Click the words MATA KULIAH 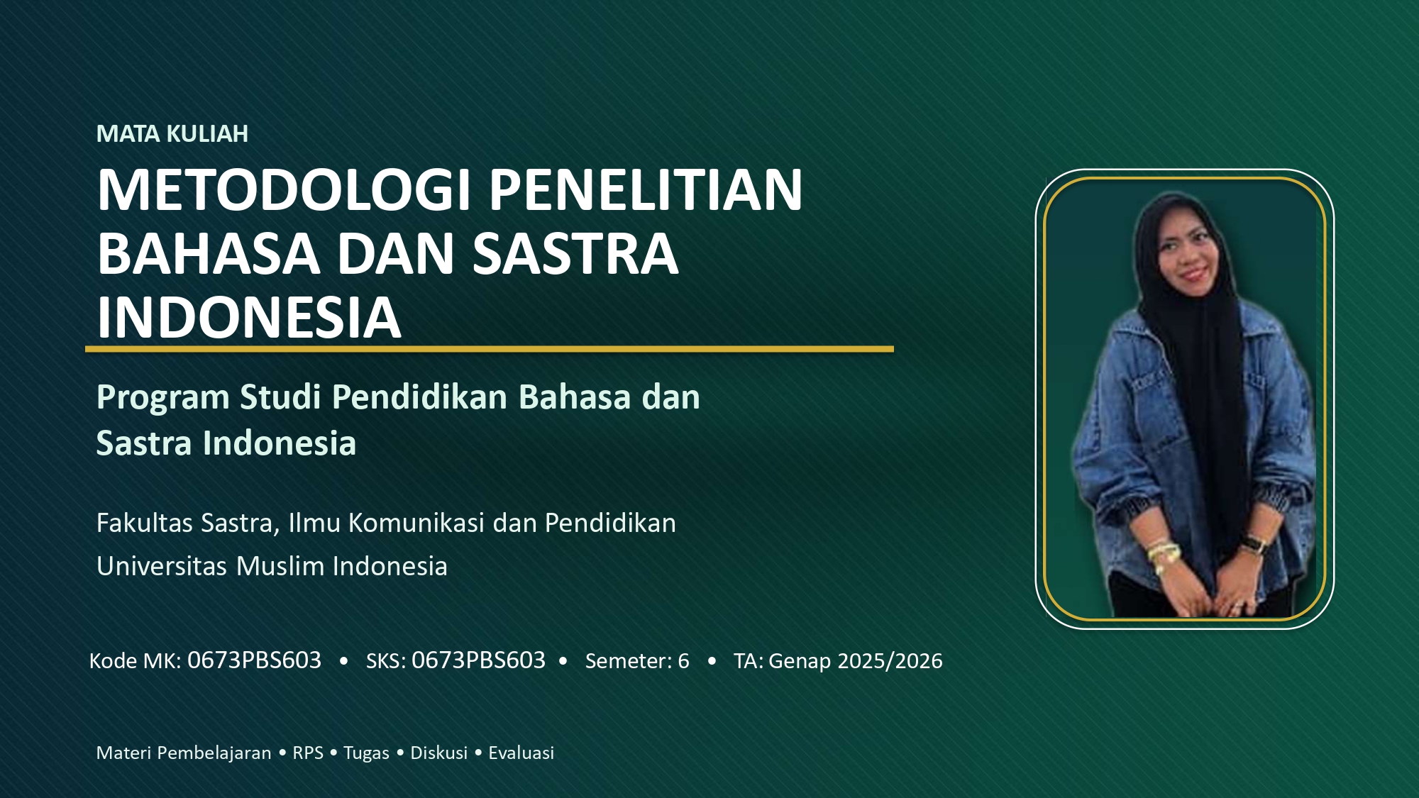(172, 134)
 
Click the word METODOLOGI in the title (284, 190)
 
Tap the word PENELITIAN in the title (646, 190)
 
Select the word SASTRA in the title (575, 254)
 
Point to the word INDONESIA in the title (249, 317)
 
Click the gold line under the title (490, 349)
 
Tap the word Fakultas (145, 523)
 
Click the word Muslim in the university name (280, 567)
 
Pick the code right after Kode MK (254, 660)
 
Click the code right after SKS (478, 660)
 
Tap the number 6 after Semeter (683, 661)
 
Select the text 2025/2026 (890, 661)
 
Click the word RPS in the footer (308, 753)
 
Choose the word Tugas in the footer (366, 753)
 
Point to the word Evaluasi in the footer (521, 753)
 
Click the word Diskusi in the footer (439, 753)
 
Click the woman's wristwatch (1254, 545)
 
